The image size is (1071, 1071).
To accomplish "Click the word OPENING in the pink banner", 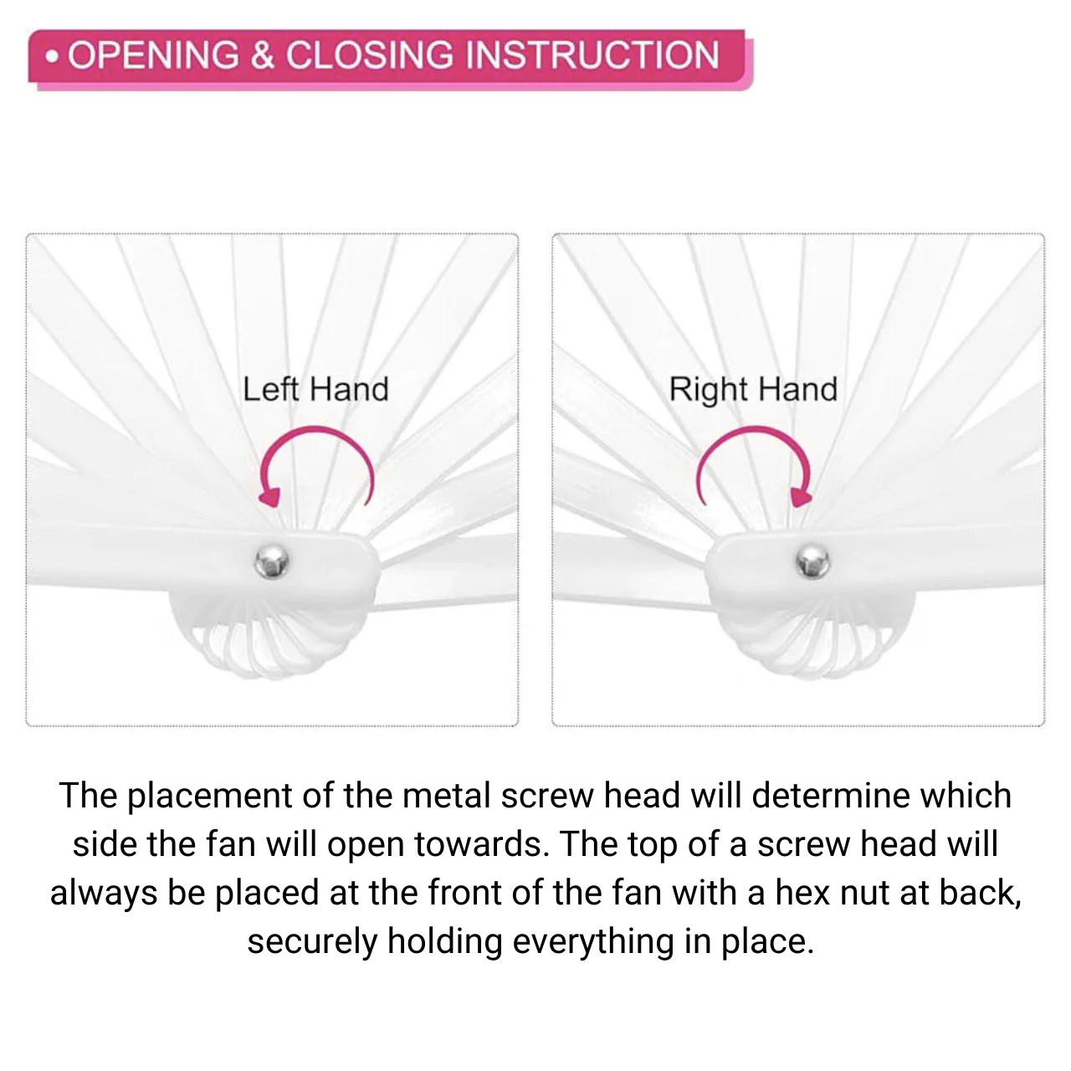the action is (x=153, y=55).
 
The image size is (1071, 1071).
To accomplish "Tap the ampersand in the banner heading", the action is (x=263, y=55).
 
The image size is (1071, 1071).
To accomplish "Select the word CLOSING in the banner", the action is (x=370, y=55).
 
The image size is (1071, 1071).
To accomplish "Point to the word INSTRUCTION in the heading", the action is (x=592, y=55).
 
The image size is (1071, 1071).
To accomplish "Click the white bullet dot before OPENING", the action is (x=52, y=57).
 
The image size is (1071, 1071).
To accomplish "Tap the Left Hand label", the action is (x=315, y=389).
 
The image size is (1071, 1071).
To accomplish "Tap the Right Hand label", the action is (x=753, y=389).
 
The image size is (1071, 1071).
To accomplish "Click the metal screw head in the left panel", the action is (x=272, y=561).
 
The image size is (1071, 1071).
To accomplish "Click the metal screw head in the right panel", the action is (x=812, y=561).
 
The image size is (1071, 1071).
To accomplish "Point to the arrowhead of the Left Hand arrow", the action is (x=270, y=495).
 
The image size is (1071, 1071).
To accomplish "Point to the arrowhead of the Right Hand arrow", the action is (x=801, y=495).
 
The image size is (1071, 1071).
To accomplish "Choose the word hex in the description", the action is (x=802, y=892).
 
